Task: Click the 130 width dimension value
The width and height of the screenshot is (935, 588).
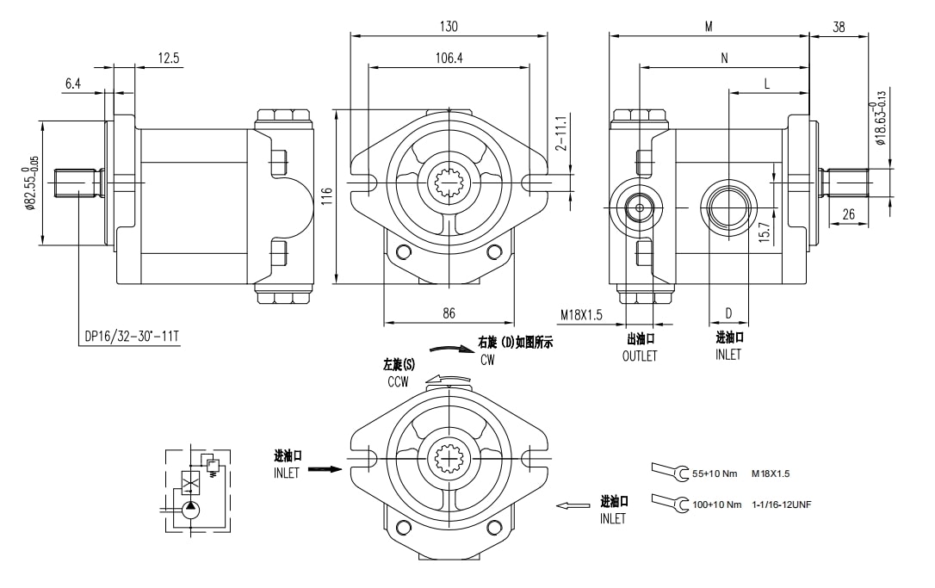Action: tap(449, 27)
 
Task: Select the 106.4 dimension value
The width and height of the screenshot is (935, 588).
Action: tap(448, 58)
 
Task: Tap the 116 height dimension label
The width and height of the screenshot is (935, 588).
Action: tap(327, 197)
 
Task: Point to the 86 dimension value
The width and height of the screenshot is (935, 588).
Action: tap(449, 313)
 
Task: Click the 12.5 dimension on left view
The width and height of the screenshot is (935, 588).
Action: tap(169, 58)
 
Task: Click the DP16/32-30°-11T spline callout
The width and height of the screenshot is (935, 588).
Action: tap(132, 337)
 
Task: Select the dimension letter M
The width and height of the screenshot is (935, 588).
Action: tap(708, 27)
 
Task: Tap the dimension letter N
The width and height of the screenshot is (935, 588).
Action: tap(724, 58)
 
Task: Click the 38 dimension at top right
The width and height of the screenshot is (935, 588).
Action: tap(839, 27)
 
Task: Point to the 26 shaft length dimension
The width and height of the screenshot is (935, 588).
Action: tap(848, 214)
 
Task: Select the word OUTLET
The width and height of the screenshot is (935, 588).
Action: tap(640, 356)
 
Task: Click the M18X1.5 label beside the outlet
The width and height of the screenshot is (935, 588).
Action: tap(583, 316)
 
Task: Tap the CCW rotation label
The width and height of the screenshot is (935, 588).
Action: tap(398, 381)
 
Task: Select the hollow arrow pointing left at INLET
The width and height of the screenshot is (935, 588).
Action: tap(573, 505)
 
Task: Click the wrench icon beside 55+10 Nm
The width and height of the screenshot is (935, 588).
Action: tap(671, 472)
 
